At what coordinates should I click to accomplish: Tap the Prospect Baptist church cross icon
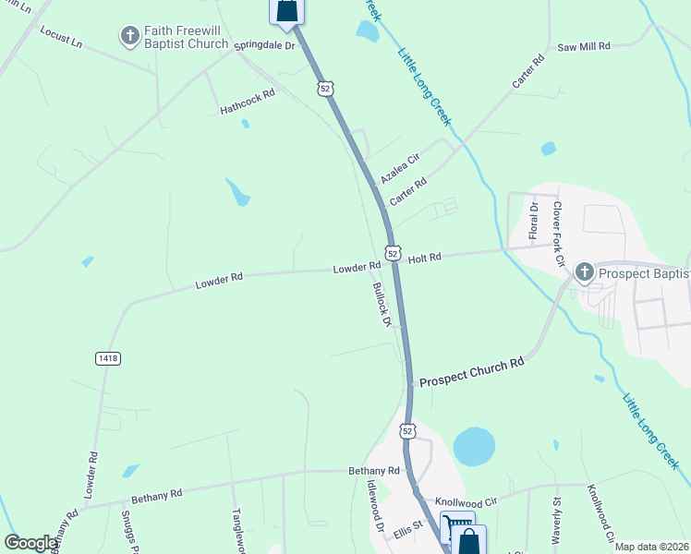pos(583,272)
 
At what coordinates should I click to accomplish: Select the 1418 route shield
pos(107,357)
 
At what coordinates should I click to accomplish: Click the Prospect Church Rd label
pos(471,373)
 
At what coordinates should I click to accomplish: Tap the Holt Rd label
pos(425,258)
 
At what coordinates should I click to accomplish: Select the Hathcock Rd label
pos(248,102)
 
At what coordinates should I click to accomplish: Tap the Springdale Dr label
pos(264,44)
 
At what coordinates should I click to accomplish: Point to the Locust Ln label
pos(62,37)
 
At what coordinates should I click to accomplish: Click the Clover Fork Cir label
pos(558,235)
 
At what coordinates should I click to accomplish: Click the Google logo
pos(31,543)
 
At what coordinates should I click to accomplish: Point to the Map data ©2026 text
pos(652,547)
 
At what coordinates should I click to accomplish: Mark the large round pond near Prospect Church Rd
pos(474,446)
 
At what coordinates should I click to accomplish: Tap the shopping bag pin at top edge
pos(286,10)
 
